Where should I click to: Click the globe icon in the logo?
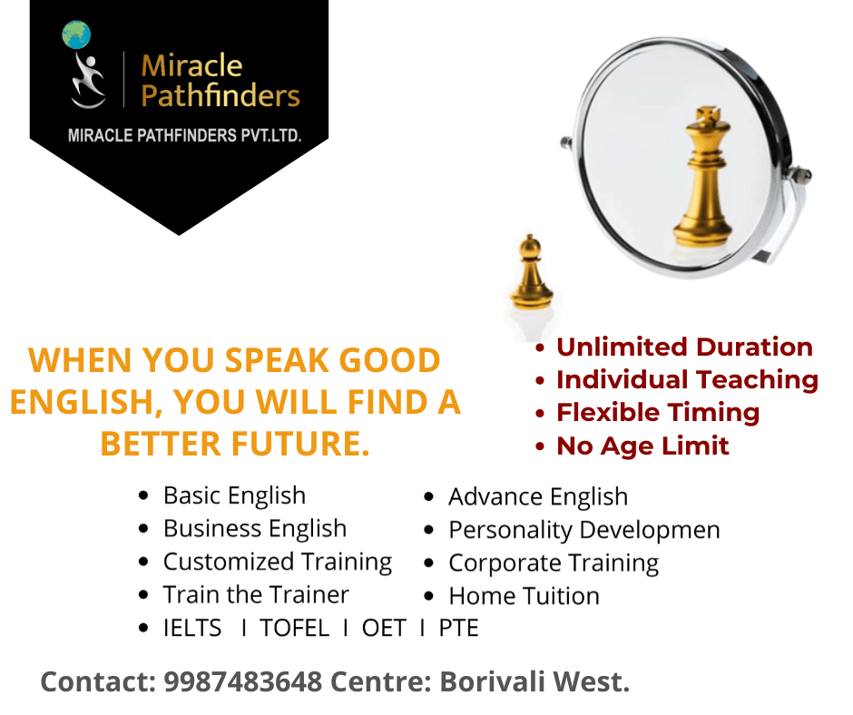(77, 34)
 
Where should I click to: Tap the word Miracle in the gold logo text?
(191, 65)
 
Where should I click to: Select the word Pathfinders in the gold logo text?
(221, 94)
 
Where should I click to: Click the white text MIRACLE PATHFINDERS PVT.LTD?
(185, 135)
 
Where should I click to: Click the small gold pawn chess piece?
(531, 272)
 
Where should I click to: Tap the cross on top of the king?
(702, 117)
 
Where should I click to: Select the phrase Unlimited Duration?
(684, 347)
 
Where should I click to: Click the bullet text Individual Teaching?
(687, 379)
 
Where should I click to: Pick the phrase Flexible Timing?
(658, 412)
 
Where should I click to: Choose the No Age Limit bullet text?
(642, 446)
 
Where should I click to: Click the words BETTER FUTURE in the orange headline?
(235, 445)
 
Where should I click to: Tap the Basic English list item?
(234, 495)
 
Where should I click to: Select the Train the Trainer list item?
(256, 594)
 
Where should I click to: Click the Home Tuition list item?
(524, 596)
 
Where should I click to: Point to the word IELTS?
(192, 628)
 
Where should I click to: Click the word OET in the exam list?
(384, 628)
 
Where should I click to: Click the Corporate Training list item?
(554, 563)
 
